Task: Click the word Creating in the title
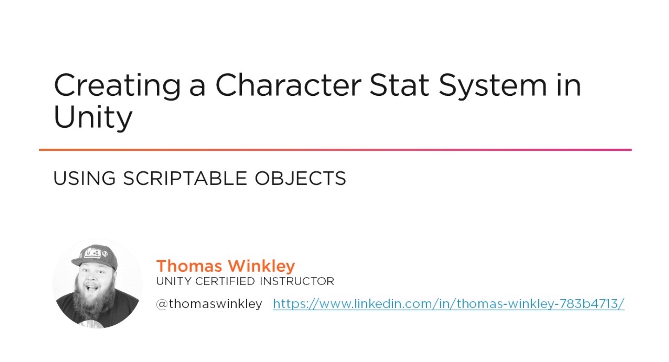[117, 86]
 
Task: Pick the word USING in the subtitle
[84, 178]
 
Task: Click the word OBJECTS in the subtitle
[301, 178]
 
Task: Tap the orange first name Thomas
[189, 266]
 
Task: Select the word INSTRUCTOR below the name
[297, 281]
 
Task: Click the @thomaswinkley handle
[209, 304]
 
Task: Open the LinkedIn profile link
[449, 304]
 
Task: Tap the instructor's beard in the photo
[93, 303]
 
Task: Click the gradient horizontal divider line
[335, 149]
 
